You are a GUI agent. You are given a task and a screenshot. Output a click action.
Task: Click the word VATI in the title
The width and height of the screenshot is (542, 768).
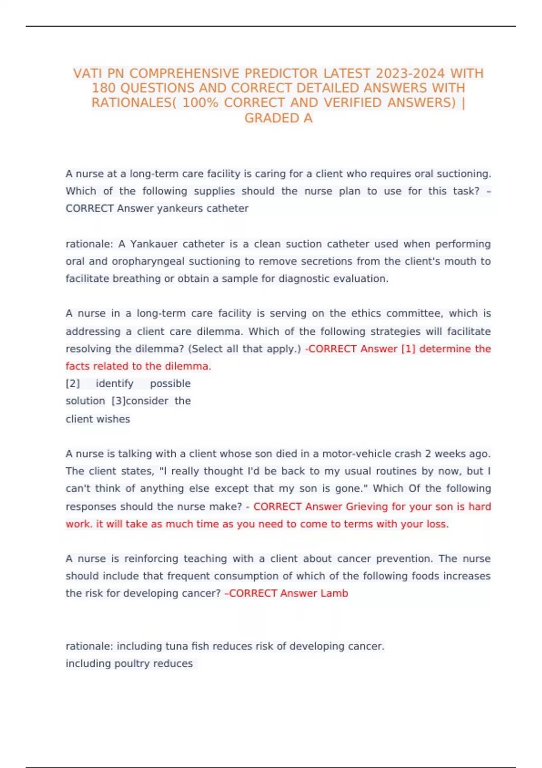[88, 73]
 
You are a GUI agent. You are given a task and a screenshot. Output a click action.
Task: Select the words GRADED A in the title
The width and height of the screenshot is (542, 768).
[278, 118]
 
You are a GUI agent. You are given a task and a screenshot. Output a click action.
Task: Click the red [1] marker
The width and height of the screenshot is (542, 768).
[408, 349]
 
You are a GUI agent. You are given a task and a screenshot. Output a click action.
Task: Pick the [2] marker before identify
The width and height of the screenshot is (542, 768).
[73, 384]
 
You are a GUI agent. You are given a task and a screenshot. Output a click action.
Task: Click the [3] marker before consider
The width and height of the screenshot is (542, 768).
[118, 401]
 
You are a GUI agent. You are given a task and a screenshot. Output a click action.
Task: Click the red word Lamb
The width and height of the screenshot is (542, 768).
[334, 593]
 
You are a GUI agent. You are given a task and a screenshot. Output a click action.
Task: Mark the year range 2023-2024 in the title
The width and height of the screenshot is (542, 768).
[411, 73]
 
